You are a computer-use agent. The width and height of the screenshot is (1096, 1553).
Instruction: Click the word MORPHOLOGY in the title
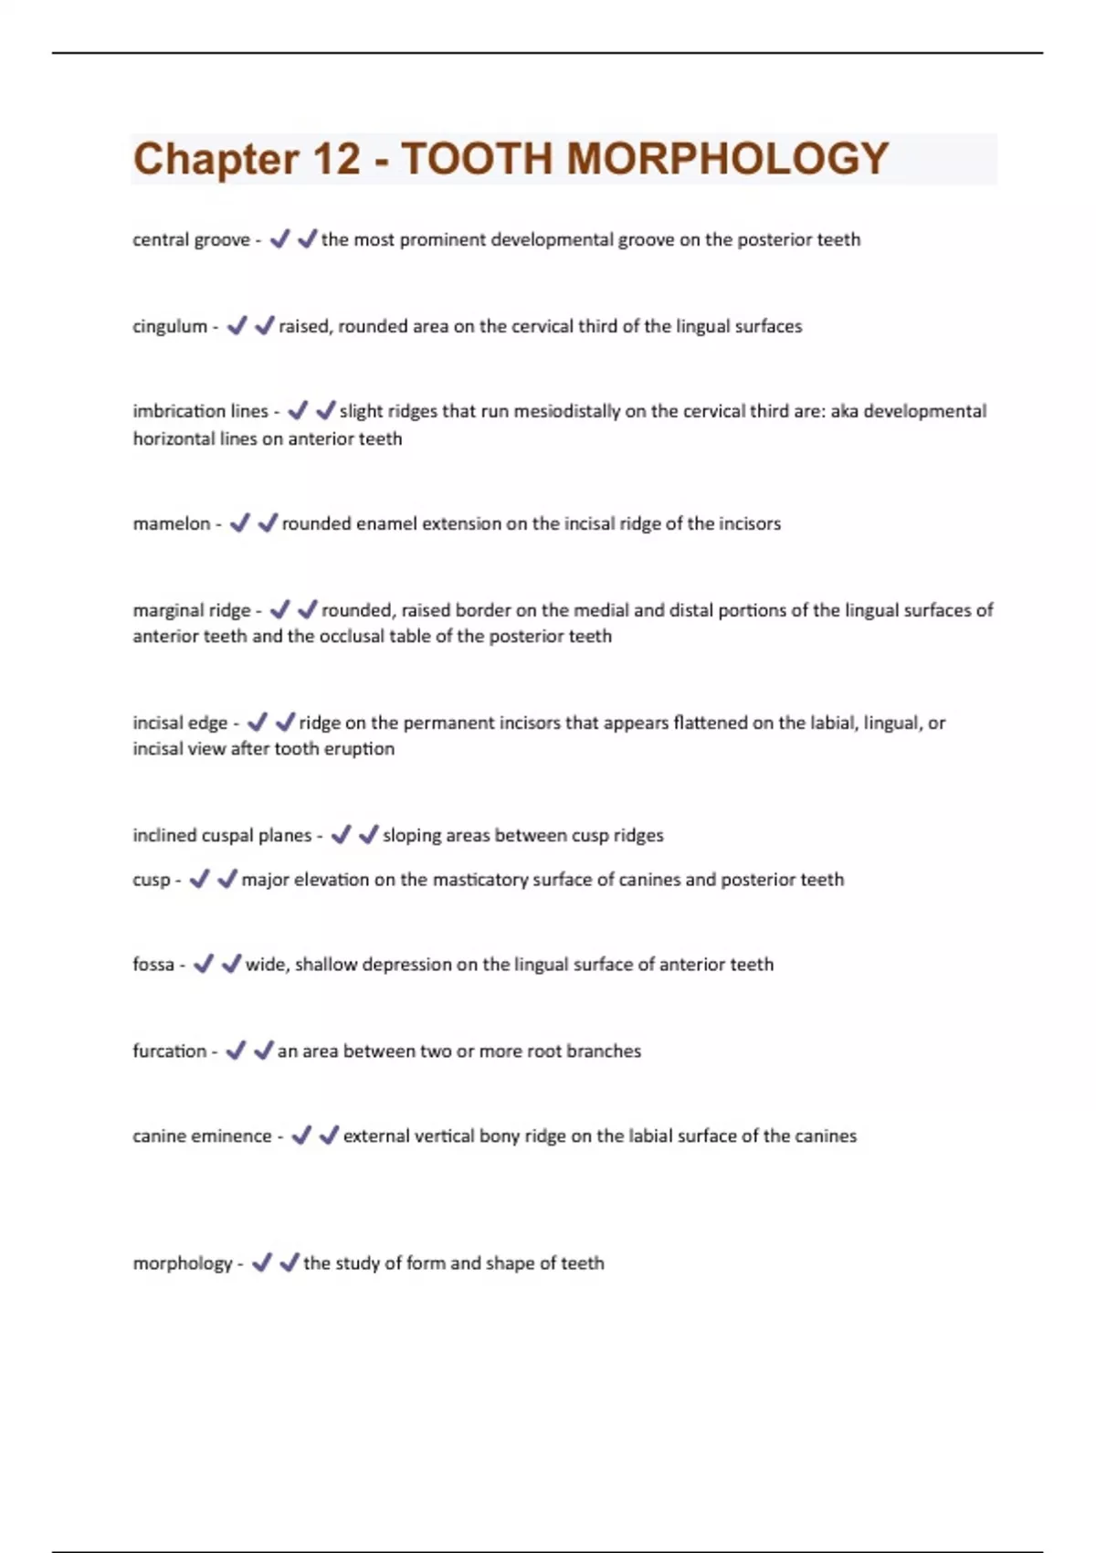[727, 159]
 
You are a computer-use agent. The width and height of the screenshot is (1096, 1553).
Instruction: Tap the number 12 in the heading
[336, 159]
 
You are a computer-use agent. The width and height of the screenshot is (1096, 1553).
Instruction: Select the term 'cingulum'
[170, 326]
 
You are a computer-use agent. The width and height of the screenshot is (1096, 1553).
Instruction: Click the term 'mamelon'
[172, 523]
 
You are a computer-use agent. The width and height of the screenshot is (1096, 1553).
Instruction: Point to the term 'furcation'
[170, 1051]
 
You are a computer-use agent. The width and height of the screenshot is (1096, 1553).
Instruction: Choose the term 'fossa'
[153, 964]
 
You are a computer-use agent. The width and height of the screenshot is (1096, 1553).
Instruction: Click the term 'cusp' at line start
[152, 880]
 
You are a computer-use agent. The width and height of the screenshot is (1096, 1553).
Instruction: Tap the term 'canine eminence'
[202, 1136]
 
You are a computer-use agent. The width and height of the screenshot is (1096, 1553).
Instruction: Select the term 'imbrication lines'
[200, 411]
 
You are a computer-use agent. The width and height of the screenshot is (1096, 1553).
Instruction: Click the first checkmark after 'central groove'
[279, 239]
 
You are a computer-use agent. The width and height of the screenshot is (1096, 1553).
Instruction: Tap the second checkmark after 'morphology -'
[290, 1262]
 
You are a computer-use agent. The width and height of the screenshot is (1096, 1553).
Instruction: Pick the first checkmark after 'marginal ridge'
[279, 609]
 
